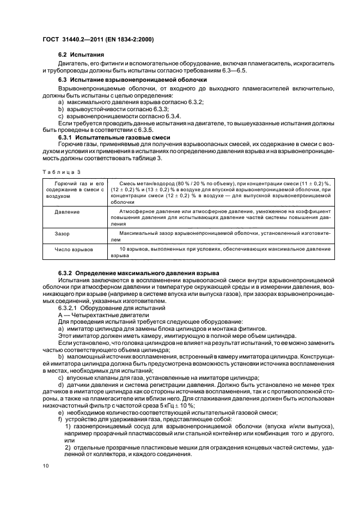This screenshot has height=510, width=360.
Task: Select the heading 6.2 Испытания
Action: tap(81, 56)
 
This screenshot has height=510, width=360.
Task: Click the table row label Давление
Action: tap(67, 212)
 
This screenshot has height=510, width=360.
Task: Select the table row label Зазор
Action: tap(62, 233)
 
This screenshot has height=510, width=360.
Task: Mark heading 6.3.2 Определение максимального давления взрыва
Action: tap(138, 272)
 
